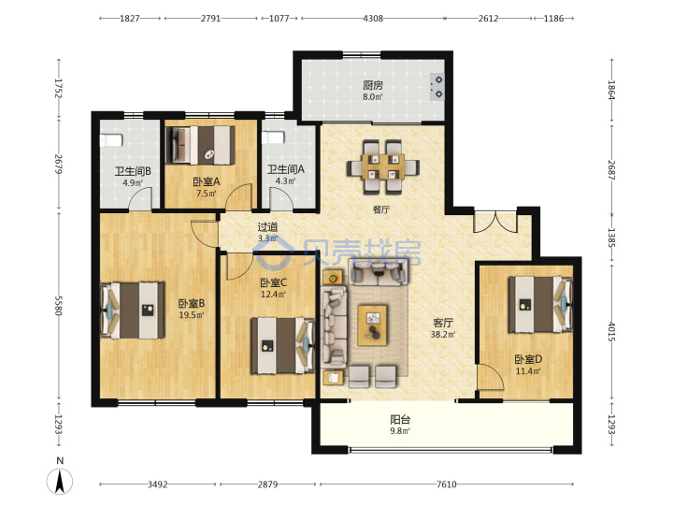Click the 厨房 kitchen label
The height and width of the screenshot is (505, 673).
373,85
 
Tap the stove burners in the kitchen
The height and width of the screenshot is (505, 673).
437,87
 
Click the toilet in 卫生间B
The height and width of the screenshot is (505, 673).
111,140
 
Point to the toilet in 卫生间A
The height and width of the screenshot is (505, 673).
273,137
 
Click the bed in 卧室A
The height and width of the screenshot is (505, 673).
203,145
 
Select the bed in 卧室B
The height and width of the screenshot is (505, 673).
132,310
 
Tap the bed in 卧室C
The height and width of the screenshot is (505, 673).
283,345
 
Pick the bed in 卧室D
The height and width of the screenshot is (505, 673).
540,304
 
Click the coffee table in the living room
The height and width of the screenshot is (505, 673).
373,325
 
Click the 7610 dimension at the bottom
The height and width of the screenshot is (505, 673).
447,484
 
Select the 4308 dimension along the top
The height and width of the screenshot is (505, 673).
373,19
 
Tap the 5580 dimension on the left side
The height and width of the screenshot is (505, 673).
59,305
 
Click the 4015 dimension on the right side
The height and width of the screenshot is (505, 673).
611,331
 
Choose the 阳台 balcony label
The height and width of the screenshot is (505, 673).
400,419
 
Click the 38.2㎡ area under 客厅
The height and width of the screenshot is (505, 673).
443,334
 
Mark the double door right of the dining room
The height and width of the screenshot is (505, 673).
495,222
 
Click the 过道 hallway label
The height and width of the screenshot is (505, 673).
267,226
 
